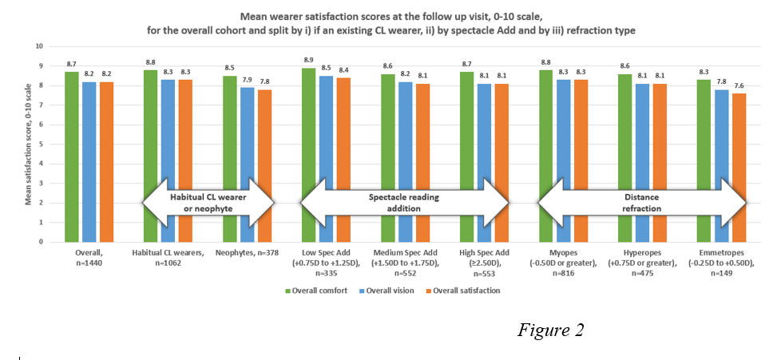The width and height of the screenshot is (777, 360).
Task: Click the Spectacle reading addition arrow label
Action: pyautogui.click(x=403, y=203)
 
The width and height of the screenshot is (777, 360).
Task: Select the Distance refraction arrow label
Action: pyautogui.click(x=641, y=203)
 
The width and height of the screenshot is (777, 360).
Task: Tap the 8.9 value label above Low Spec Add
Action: pyautogui.click(x=307, y=61)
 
